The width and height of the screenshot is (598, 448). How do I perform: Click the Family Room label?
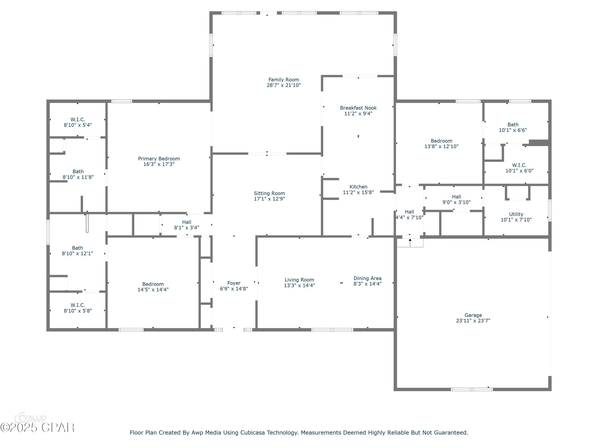[x=284, y=80]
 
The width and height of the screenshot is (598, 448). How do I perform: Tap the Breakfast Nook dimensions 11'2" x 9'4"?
[x=358, y=114]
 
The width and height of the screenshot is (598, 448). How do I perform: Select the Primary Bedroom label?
[x=159, y=158]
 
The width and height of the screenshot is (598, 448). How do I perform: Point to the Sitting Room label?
[x=269, y=193]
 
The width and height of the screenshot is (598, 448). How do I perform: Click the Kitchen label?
[x=358, y=187]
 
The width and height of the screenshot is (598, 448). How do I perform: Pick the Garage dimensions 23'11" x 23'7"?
[x=473, y=321]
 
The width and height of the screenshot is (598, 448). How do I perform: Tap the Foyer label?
[x=234, y=283]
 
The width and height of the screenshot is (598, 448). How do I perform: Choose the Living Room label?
[x=299, y=280]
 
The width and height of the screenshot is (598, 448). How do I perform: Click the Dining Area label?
[x=367, y=278]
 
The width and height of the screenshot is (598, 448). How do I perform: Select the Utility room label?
[x=516, y=214]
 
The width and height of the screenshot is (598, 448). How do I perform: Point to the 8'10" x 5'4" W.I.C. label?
[x=78, y=119]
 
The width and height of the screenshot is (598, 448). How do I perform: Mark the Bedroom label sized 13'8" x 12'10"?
[x=441, y=141]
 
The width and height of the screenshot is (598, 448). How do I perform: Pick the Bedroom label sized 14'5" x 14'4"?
[x=153, y=284]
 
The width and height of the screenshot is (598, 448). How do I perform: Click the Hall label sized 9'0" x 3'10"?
[x=456, y=197]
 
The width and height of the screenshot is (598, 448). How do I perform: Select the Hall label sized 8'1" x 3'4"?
[x=187, y=222]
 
